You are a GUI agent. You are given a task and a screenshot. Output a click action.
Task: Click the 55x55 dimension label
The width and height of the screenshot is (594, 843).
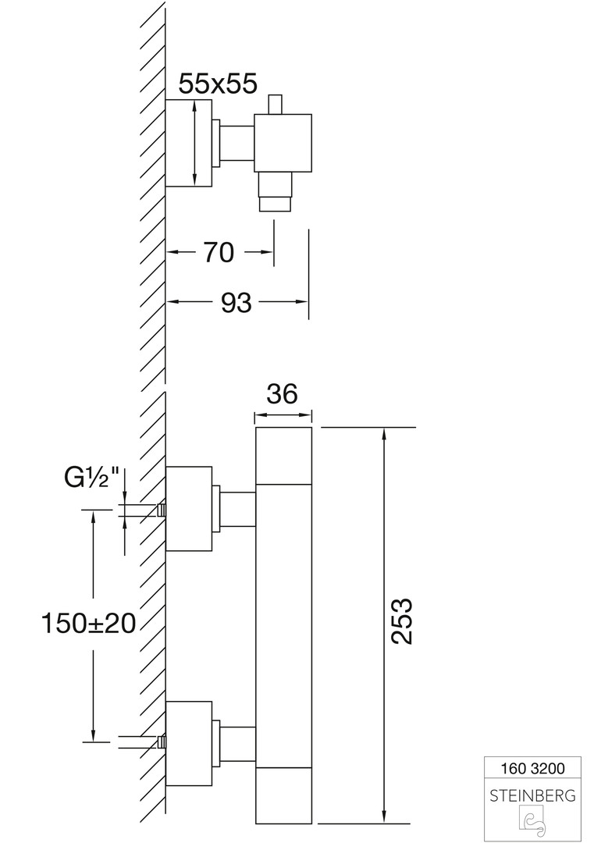tap(218, 83)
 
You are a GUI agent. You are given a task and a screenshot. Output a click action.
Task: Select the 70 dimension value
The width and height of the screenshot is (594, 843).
tap(219, 252)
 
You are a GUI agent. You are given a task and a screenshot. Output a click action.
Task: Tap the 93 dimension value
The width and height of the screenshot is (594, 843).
tap(235, 302)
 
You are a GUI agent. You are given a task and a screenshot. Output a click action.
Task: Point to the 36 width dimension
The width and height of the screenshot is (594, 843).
tap(283, 394)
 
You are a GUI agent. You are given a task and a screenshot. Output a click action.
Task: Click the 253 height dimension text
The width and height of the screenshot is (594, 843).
tap(400, 621)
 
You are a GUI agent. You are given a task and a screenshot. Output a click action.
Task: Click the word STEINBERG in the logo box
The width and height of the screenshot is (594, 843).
tap(532, 796)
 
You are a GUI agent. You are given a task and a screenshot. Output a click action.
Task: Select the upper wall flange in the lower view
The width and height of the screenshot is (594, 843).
tap(189, 509)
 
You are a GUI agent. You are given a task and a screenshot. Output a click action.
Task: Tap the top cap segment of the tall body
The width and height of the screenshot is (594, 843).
tap(284, 455)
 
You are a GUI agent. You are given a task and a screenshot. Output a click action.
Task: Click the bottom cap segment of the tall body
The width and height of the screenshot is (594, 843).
tap(284, 795)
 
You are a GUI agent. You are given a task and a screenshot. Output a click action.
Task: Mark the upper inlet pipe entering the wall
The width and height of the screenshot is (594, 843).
tap(140, 511)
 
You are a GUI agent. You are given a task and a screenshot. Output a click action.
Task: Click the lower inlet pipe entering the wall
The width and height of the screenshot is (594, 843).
tap(140, 741)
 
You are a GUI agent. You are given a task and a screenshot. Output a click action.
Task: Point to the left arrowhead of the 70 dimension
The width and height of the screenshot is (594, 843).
tap(173, 252)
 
